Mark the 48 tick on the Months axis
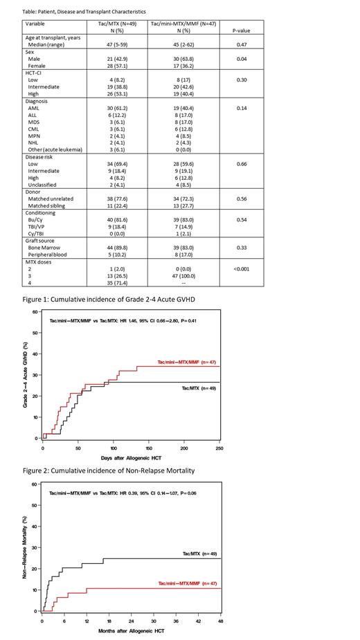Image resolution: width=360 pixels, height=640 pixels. tap(221, 623)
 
